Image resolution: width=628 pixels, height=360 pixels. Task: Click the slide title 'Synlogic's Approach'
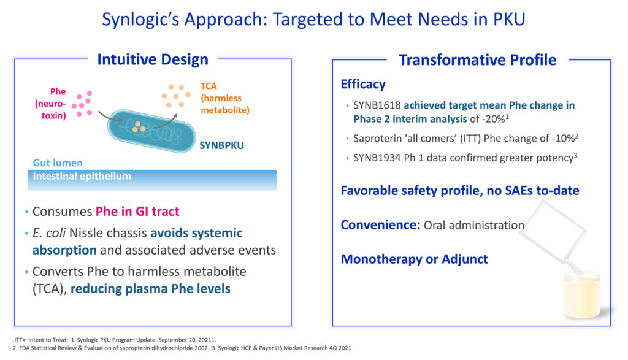(184, 20)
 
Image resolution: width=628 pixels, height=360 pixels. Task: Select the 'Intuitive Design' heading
(153, 59)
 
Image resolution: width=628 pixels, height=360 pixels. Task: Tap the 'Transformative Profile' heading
(477, 60)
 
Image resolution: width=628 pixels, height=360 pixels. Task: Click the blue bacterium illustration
(151, 131)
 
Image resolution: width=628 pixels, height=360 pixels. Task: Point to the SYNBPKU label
(221, 145)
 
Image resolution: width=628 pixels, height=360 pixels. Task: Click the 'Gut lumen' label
(58, 163)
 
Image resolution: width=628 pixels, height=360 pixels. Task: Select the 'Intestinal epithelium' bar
(152, 180)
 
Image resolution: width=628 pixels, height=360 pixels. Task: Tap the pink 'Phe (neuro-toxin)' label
(51, 104)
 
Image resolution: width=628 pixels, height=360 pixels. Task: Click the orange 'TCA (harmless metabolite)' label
(224, 98)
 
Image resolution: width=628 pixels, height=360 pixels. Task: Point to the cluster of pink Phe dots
(82, 104)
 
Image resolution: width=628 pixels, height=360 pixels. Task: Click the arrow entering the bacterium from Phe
(110, 117)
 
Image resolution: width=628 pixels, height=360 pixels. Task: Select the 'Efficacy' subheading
(363, 85)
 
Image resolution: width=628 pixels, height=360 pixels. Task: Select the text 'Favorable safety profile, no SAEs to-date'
(460, 191)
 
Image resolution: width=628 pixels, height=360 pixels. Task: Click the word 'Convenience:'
(380, 225)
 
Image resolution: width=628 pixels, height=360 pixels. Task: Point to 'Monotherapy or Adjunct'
(414, 259)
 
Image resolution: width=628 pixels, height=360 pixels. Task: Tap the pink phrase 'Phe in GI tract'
(137, 212)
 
